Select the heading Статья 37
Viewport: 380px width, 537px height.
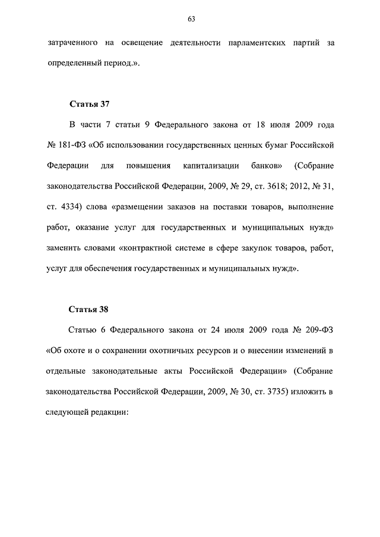pos(90,105)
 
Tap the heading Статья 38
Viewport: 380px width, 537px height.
pos(90,310)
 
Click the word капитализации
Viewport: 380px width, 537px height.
pos(211,166)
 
